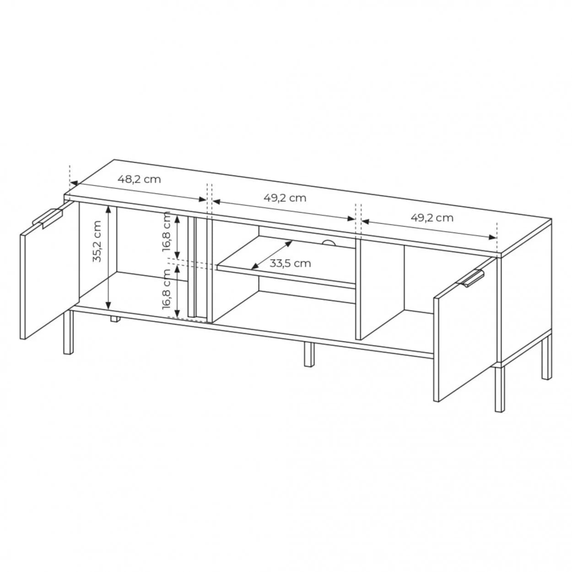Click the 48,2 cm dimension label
[139, 179]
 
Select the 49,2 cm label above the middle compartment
[285, 198]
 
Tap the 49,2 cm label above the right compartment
[432, 218]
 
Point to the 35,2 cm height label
[97, 241]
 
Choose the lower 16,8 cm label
[167, 289]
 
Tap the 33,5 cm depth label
[290, 263]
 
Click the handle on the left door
[48, 218]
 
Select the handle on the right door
[472, 279]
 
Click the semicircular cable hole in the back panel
[328, 243]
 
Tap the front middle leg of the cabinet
[309, 355]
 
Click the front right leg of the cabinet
[500, 389]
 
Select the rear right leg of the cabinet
[547, 359]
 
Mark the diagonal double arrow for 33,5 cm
[272, 255]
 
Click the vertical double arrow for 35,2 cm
[108, 257]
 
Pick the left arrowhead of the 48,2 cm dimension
[74, 183]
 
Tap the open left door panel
[49, 270]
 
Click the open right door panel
[465, 329]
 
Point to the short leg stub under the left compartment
[115, 319]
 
